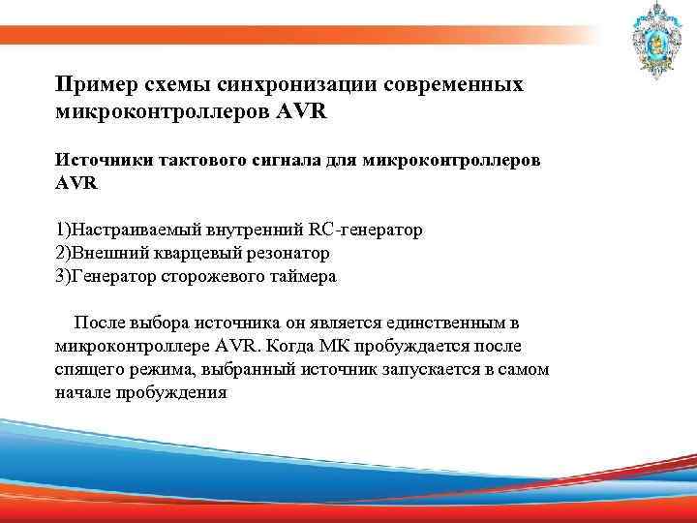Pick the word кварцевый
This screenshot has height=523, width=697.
click(193, 253)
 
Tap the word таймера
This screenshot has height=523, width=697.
click(306, 276)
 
